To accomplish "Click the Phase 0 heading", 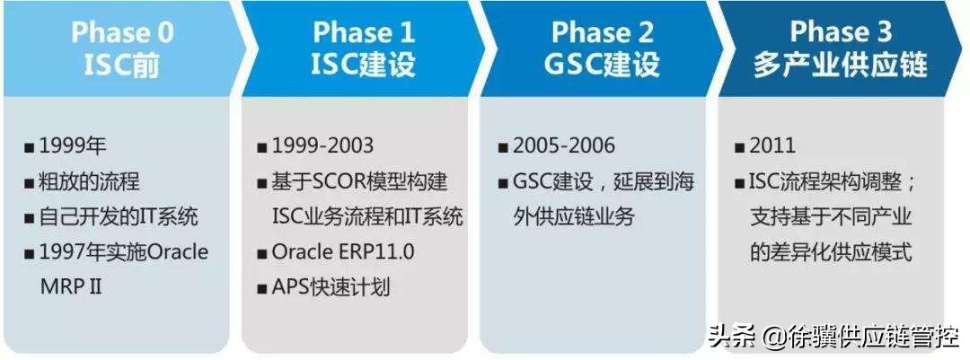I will [122, 32].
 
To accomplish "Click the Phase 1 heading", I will [363, 32].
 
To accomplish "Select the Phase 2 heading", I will [602, 32].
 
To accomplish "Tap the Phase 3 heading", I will [841, 32].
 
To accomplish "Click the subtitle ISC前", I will [122, 66].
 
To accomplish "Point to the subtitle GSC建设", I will [602, 66].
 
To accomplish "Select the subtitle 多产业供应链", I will [841, 66].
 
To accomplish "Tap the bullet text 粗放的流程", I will [89, 182].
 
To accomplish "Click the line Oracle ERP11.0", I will [342, 252].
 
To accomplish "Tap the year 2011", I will [772, 146].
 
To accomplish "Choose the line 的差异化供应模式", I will [831, 252].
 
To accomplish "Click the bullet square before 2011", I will [739, 147].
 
